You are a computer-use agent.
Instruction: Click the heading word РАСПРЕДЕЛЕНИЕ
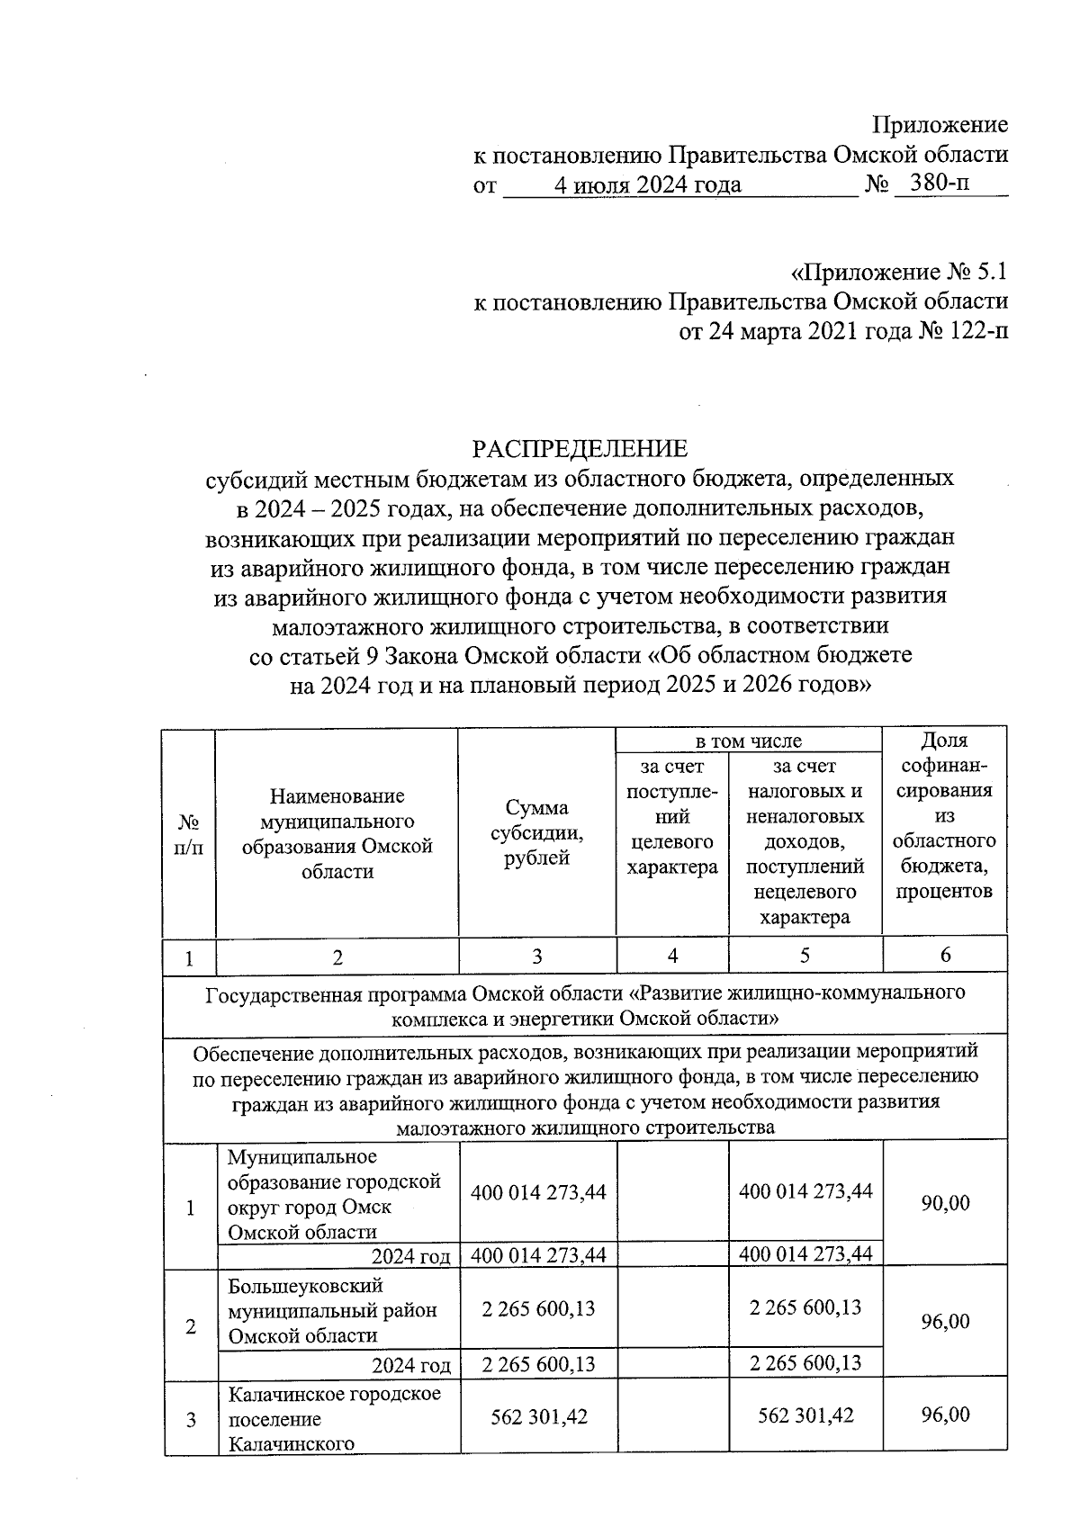tap(580, 448)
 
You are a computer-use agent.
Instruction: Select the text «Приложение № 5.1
tap(898, 271)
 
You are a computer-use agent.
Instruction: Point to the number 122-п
tap(976, 332)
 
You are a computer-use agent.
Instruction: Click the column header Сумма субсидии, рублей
tap(536, 832)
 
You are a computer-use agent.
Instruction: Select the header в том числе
tap(748, 741)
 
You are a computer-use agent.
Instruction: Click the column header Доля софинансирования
tap(944, 815)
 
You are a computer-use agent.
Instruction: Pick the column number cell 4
tap(672, 957)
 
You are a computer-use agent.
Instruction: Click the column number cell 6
tap(945, 956)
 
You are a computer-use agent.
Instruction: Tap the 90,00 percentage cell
tap(945, 1203)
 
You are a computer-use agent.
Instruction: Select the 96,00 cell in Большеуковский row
tap(945, 1322)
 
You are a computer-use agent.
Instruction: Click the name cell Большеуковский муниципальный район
tap(332, 1309)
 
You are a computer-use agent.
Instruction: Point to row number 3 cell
tap(191, 1420)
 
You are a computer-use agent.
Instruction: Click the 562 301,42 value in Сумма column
tap(538, 1416)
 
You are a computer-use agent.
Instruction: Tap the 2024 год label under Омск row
tap(410, 1256)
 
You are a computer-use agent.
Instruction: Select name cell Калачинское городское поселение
tap(334, 1419)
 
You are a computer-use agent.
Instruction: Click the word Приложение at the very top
tap(940, 124)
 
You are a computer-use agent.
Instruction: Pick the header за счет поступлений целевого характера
tap(672, 816)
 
